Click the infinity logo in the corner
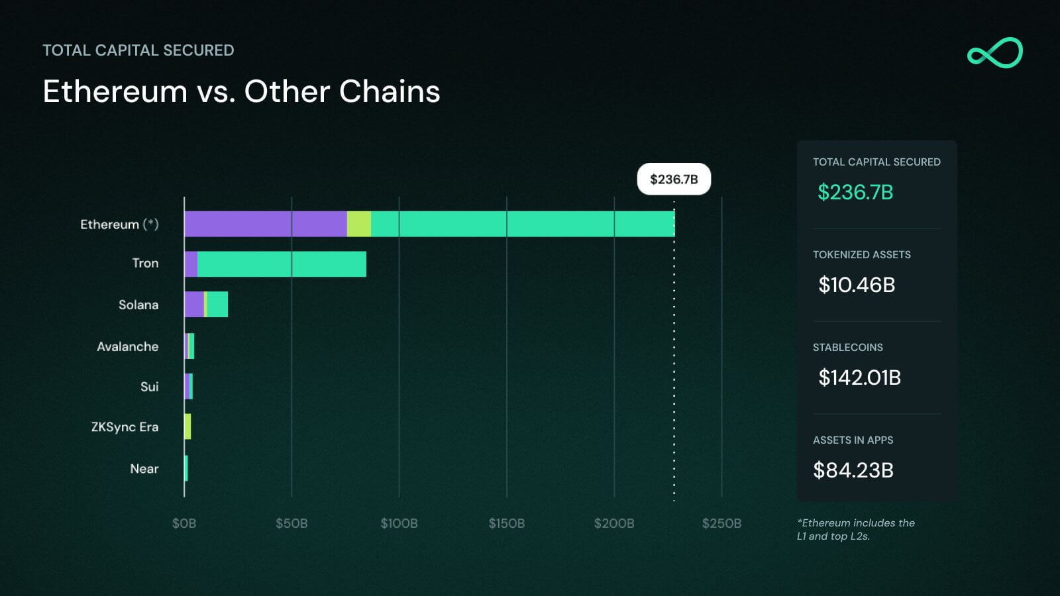pos(994,53)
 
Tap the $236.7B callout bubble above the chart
pos(674,179)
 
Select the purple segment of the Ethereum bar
pos(265,224)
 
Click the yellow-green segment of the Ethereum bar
pos(359,224)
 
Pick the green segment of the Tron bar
pos(282,264)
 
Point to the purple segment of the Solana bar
pos(194,305)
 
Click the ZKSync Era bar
pos(188,426)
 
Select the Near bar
pos(186,468)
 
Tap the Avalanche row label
pos(128,346)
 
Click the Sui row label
pos(149,387)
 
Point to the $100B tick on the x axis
pos(399,523)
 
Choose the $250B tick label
pos(721,523)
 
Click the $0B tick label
pos(184,523)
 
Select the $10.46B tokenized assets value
pos(857,285)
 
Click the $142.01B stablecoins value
pos(859,377)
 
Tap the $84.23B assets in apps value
pos(853,470)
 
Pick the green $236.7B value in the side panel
pos(855,192)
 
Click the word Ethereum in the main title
pos(115,91)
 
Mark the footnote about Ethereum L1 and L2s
pos(855,530)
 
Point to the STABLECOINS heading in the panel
pos(847,347)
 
